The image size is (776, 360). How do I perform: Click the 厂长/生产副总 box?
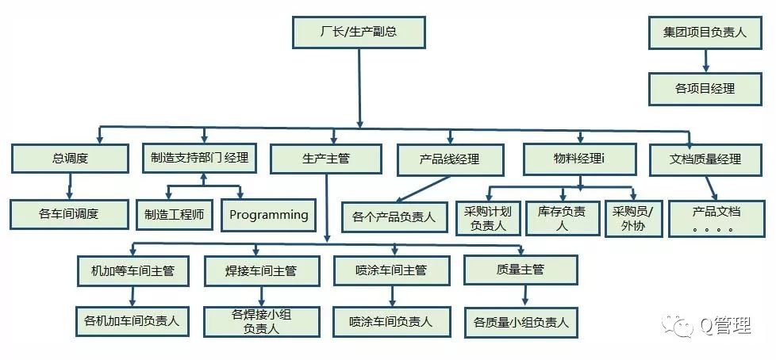coord(359,33)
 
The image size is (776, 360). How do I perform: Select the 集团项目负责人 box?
coord(705,33)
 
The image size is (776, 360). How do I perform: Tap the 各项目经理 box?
coord(705,88)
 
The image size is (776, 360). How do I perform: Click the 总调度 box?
coord(69,159)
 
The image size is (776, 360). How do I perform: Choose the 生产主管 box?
coord(326,159)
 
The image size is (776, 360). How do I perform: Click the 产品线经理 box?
coord(450,159)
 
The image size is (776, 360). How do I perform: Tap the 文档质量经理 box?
coord(705,159)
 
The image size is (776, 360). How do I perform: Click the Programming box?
coord(268,214)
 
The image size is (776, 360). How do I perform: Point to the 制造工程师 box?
coord(174,214)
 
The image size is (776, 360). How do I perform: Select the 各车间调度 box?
coord(69,214)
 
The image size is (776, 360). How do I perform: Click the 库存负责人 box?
coord(563,218)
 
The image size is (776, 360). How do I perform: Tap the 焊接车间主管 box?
coord(261,271)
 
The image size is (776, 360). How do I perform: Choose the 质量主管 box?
coord(521,270)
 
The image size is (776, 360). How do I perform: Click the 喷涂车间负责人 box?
coord(390,322)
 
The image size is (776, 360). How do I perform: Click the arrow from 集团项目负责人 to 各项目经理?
coord(705,61)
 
